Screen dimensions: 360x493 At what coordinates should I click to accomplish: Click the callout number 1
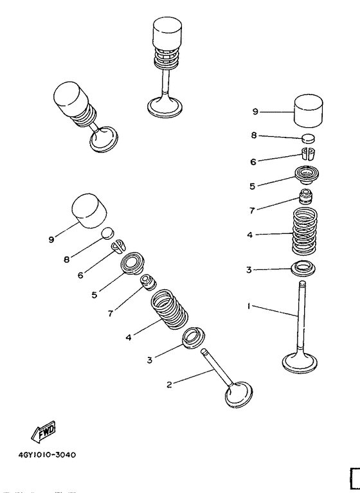(x=248, y=305)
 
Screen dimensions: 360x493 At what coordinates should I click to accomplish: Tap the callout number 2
(x=169, y=384)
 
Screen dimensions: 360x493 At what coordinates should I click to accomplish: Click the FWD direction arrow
(x=43, y=431)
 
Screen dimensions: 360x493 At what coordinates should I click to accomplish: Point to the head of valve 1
(x=300, y=363)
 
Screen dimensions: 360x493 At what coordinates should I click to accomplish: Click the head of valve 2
(x=239, y=394)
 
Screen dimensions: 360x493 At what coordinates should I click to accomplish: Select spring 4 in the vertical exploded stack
(x=305, y=232)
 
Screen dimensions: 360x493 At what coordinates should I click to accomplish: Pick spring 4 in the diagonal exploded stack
(x=169, y=310)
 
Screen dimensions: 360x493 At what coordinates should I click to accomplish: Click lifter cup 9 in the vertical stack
(x=309, y=112)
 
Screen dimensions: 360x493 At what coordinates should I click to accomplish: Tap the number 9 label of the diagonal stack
(x=51, y=240)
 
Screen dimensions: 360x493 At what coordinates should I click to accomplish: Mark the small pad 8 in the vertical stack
(x=308, y=138)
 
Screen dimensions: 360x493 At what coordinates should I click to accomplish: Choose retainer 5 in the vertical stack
(x=307, y=175)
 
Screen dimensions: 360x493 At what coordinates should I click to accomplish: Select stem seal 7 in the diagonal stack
(x=148, y=282)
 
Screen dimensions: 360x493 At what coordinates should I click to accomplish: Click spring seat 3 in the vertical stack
(x=303, y=269)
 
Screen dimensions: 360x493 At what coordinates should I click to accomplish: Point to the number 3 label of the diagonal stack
(x=150, y=360)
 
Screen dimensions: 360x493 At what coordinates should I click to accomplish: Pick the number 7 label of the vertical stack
(x=252, y=211)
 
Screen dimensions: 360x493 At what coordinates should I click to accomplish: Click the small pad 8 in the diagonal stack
(x=107, y=233)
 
